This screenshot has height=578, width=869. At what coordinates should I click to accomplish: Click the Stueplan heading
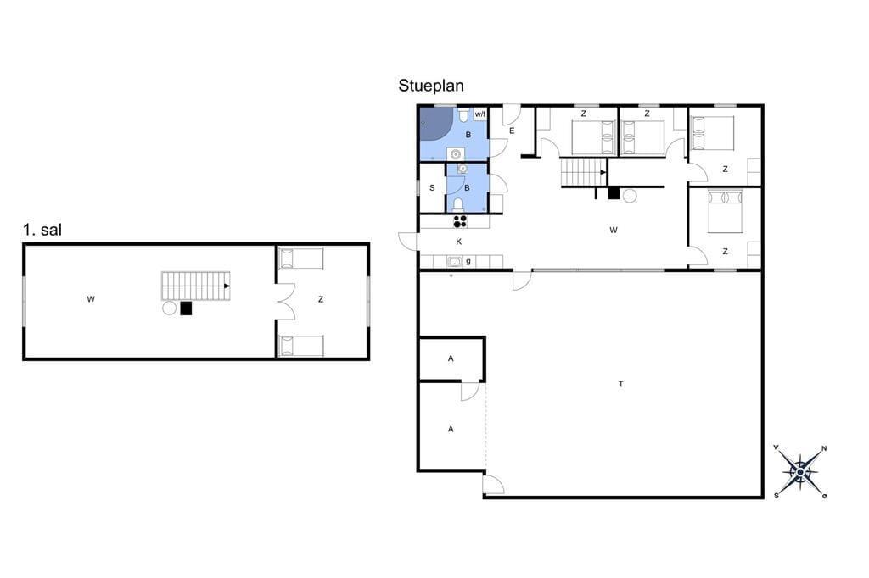point(430,86)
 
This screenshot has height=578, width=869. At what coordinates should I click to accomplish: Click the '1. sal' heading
point(42,230)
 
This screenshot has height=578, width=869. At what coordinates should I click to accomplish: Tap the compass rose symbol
point(800,472)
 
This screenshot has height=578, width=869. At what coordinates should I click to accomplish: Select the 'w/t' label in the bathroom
point(480,114)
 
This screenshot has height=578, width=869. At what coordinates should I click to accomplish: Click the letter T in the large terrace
point(620,384)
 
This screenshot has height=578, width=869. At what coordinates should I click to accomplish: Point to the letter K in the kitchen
point(459,242)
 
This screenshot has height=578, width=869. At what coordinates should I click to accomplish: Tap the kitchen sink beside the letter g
point(455,262)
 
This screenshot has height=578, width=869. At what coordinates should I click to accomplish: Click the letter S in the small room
point(432,188)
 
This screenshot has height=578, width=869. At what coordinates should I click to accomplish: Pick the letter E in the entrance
point(512,131)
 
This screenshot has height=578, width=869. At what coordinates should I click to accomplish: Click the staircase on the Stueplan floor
point(584,172)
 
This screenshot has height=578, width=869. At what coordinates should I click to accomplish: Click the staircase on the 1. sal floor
point(196,286)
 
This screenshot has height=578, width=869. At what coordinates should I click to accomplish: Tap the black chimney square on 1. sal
point(186,308)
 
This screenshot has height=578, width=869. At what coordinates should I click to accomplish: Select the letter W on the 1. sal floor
point(91,299)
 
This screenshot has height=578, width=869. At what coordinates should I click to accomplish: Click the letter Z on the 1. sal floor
point(320,299)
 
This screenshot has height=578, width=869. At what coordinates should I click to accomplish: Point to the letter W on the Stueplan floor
point(613,230)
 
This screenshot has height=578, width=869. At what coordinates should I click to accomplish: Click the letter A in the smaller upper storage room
point(451,358)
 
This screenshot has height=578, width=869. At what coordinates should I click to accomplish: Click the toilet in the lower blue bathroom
point(458,205)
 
